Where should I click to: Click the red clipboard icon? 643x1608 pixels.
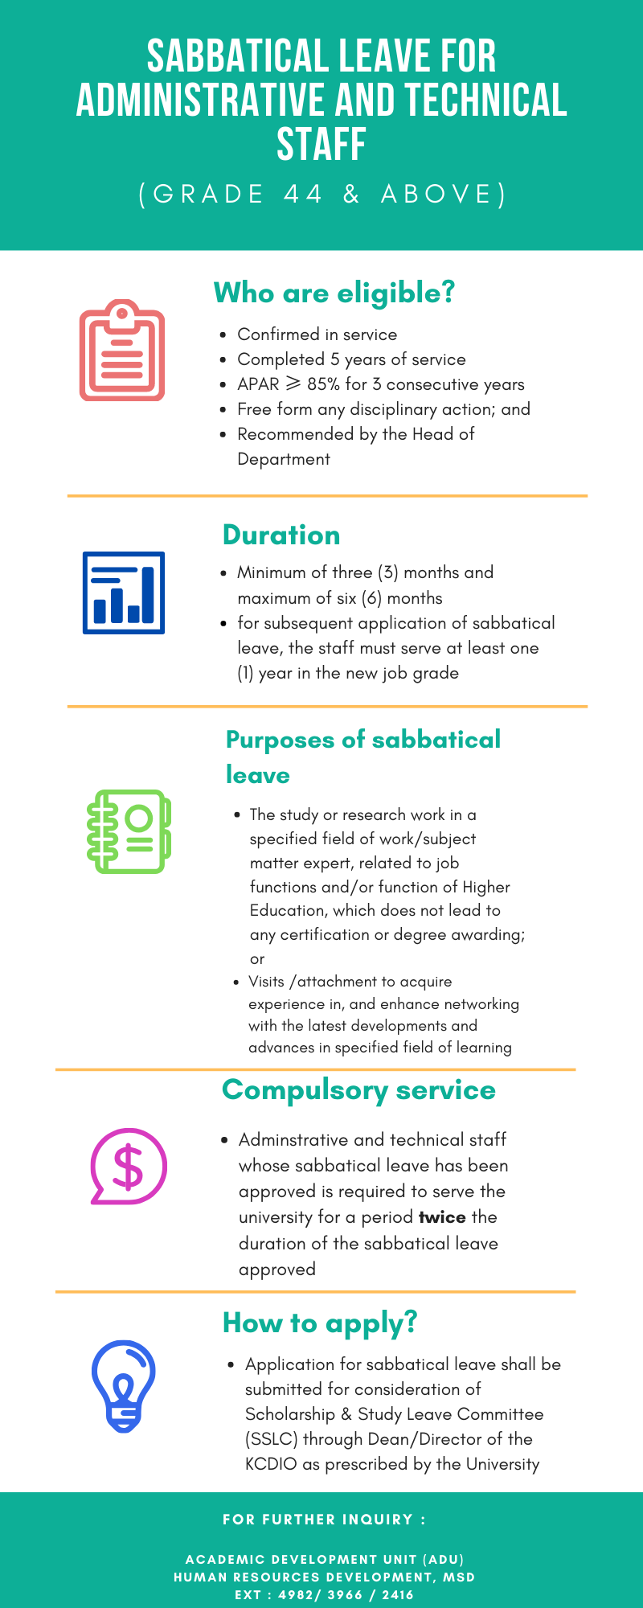coord(122,351)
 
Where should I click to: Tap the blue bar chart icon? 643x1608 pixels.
coord(124,593)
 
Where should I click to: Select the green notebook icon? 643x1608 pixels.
coord(129,831)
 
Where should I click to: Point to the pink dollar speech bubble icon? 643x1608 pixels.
coord(129,1166)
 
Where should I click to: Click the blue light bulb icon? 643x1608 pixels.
coord(123,1385)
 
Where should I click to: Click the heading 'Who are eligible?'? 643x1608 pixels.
coord(334,293)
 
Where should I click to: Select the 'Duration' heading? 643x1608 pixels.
coord(281,535)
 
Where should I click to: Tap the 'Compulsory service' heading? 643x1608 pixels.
coord(358,1090)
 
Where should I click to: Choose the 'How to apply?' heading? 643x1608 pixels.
coord(320,1323)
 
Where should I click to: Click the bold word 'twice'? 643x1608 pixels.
coord(442,1217)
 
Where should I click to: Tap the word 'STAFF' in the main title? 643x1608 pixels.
coord(321,145)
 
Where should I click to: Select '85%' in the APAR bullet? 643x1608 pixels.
coord(323,384)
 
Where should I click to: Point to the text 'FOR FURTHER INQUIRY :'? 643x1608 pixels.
coord(324,1520)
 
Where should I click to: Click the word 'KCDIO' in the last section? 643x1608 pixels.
coord(271,1464)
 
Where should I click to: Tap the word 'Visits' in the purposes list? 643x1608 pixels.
coord(267,982)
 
